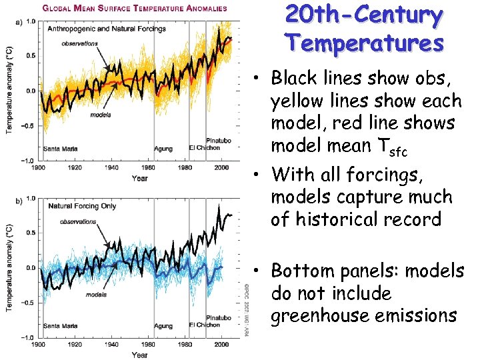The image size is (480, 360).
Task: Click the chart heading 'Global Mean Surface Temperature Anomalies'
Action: click(x=135, y=9)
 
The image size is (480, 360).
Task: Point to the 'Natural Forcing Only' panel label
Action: click(x=82, y=206)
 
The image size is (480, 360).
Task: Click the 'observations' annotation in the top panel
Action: click(x=79, y=44)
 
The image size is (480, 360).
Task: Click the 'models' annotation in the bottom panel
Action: click(x=97, y=294)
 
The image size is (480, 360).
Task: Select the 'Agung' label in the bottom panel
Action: click(x=163, y=325)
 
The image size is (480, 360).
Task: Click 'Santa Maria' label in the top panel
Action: click(x=59, y=148)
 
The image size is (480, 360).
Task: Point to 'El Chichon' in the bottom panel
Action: click(x=204, y=325)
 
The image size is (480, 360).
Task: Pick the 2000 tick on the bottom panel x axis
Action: click(x=219, y=346)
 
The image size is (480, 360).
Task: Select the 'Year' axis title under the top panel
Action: click(x=139, y=178)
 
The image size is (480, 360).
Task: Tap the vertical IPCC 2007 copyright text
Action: click(x=244, y=307)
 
